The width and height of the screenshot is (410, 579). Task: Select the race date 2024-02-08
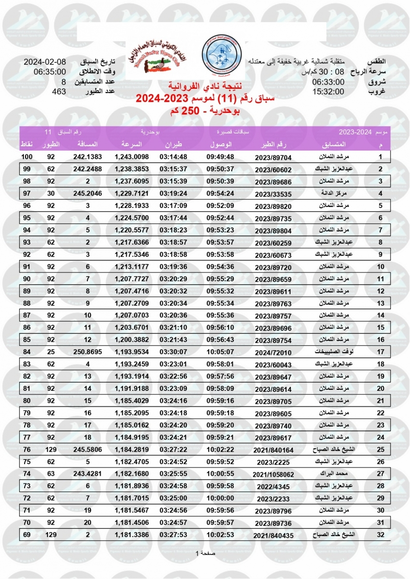click(45, 63)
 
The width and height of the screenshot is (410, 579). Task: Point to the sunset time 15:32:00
click(328, 92)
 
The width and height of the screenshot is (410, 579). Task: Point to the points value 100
click(27, 157)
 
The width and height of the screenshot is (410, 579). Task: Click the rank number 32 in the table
click(380, 535)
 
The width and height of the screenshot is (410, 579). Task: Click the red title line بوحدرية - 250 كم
click(205, 112)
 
